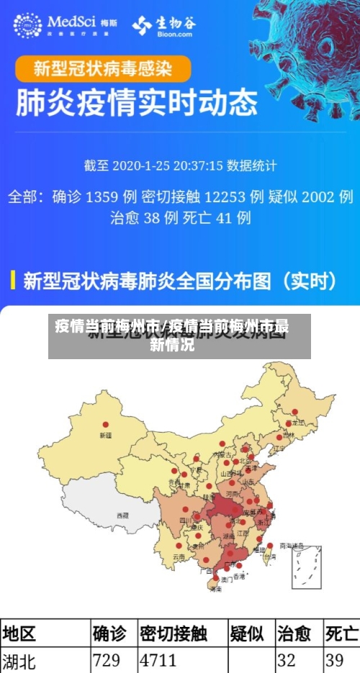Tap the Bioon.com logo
click(163, 26)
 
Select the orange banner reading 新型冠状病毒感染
click(104, 69)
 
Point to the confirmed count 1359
click(101, 197)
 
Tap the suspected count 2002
click(318, 197)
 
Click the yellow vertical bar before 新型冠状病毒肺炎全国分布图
click(12, 280)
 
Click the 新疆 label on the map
click(106, 435)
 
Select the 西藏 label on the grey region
click(123, 515)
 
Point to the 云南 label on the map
click(179, 557)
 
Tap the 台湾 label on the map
click(270, 556)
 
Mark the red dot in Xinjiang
click(106, 425)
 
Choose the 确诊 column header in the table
click(109, 633)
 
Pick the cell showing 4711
click(158, 660)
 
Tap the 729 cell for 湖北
click(107, 660)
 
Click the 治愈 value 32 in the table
click(287, 660)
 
